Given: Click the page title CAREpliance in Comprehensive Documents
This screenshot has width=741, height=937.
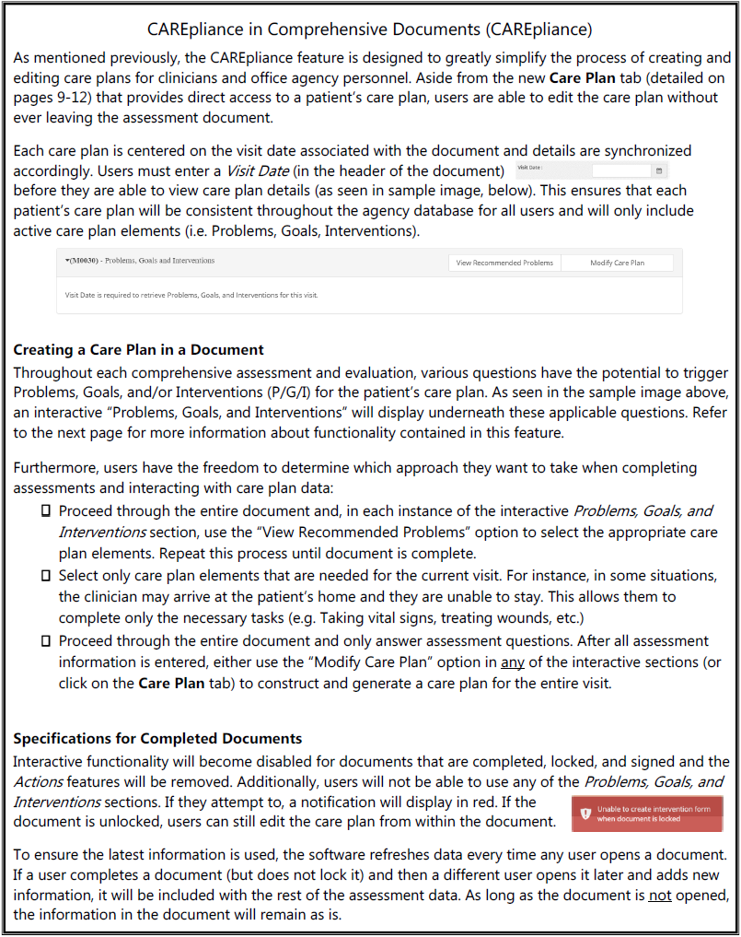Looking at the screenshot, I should (x=369, y=29).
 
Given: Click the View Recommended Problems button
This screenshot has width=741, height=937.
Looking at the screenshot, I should (x=505, y=263).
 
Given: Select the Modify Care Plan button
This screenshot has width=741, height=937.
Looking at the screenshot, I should (x=617, y=263).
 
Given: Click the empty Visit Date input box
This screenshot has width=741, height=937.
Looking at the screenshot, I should (x=621, y=170).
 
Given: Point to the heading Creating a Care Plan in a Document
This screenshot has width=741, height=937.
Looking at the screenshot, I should (x=138, y=350).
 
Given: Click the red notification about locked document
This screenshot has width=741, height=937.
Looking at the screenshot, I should (x=646, y=814).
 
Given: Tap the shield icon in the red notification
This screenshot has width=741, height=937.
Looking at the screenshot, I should (x=585, y=814).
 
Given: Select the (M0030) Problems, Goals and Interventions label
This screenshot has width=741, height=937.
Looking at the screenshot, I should (x=140, y=261).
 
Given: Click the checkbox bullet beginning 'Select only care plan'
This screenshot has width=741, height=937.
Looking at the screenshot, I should (x=44, y=576).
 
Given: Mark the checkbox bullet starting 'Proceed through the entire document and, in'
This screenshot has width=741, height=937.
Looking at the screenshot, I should (x=44, y=511).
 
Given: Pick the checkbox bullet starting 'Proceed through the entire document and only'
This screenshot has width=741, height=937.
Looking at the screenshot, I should (x=44, y=641).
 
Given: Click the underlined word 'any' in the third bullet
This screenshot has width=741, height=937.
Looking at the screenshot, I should (x=512, y=662).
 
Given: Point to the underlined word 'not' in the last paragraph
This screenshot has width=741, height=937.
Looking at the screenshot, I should (x=659, y=896).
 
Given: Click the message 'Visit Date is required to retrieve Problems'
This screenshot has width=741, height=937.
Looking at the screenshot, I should (x=191, y=296).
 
